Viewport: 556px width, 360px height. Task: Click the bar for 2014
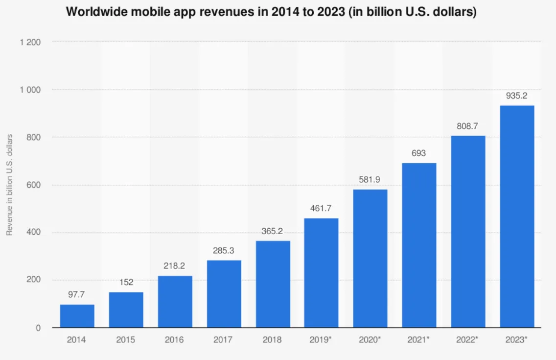(77, 316)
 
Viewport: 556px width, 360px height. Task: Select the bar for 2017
(224, 294)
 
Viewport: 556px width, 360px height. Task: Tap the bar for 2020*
(370, 259)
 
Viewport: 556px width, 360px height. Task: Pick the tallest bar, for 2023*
(517, 216)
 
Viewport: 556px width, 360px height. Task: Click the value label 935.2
(516, 96)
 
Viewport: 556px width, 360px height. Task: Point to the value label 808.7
(467, 126)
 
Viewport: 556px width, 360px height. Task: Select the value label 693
(419, 153)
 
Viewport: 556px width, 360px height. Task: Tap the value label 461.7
(321, 209)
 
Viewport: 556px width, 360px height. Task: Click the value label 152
(126, 283)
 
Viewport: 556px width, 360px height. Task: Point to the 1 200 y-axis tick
(30, 43)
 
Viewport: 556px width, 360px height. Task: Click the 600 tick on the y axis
(33, 186)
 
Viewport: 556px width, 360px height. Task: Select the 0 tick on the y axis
(38, 328)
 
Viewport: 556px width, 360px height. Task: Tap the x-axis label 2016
(175, 339)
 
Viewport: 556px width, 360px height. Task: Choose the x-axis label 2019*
(322, 339)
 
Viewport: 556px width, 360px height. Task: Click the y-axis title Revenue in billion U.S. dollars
(9, 185)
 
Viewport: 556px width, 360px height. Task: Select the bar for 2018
(273, 284)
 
